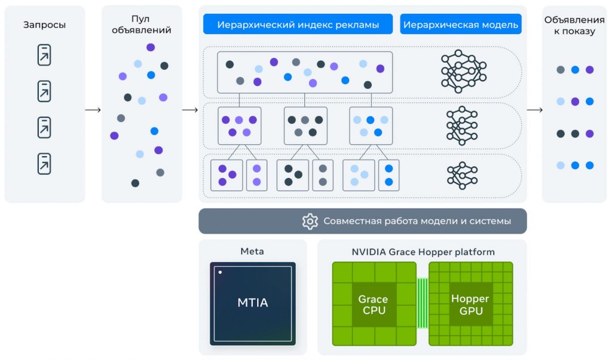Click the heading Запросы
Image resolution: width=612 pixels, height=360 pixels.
44,25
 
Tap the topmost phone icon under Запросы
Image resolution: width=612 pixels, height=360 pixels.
44,55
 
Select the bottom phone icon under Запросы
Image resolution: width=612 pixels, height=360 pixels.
44,163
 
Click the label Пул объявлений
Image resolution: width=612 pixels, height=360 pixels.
142,25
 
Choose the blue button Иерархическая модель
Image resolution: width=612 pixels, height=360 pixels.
460,25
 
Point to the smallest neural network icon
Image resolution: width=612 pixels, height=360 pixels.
463,175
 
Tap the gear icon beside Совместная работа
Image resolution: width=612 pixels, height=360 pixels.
310,221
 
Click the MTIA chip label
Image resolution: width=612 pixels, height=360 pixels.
252,303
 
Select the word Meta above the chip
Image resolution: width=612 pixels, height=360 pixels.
252,251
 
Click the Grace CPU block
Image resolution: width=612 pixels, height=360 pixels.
373,304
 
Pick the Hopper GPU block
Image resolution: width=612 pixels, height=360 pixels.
470,304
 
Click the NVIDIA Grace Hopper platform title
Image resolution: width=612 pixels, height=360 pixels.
423,252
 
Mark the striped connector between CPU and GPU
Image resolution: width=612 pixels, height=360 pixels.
423,303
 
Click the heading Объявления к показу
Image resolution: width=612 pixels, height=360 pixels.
574,26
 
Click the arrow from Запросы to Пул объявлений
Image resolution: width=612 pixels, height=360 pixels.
93,110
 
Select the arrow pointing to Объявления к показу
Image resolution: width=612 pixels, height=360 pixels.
534,110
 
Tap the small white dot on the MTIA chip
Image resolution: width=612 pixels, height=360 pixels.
220,273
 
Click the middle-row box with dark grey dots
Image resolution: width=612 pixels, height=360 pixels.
305,126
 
